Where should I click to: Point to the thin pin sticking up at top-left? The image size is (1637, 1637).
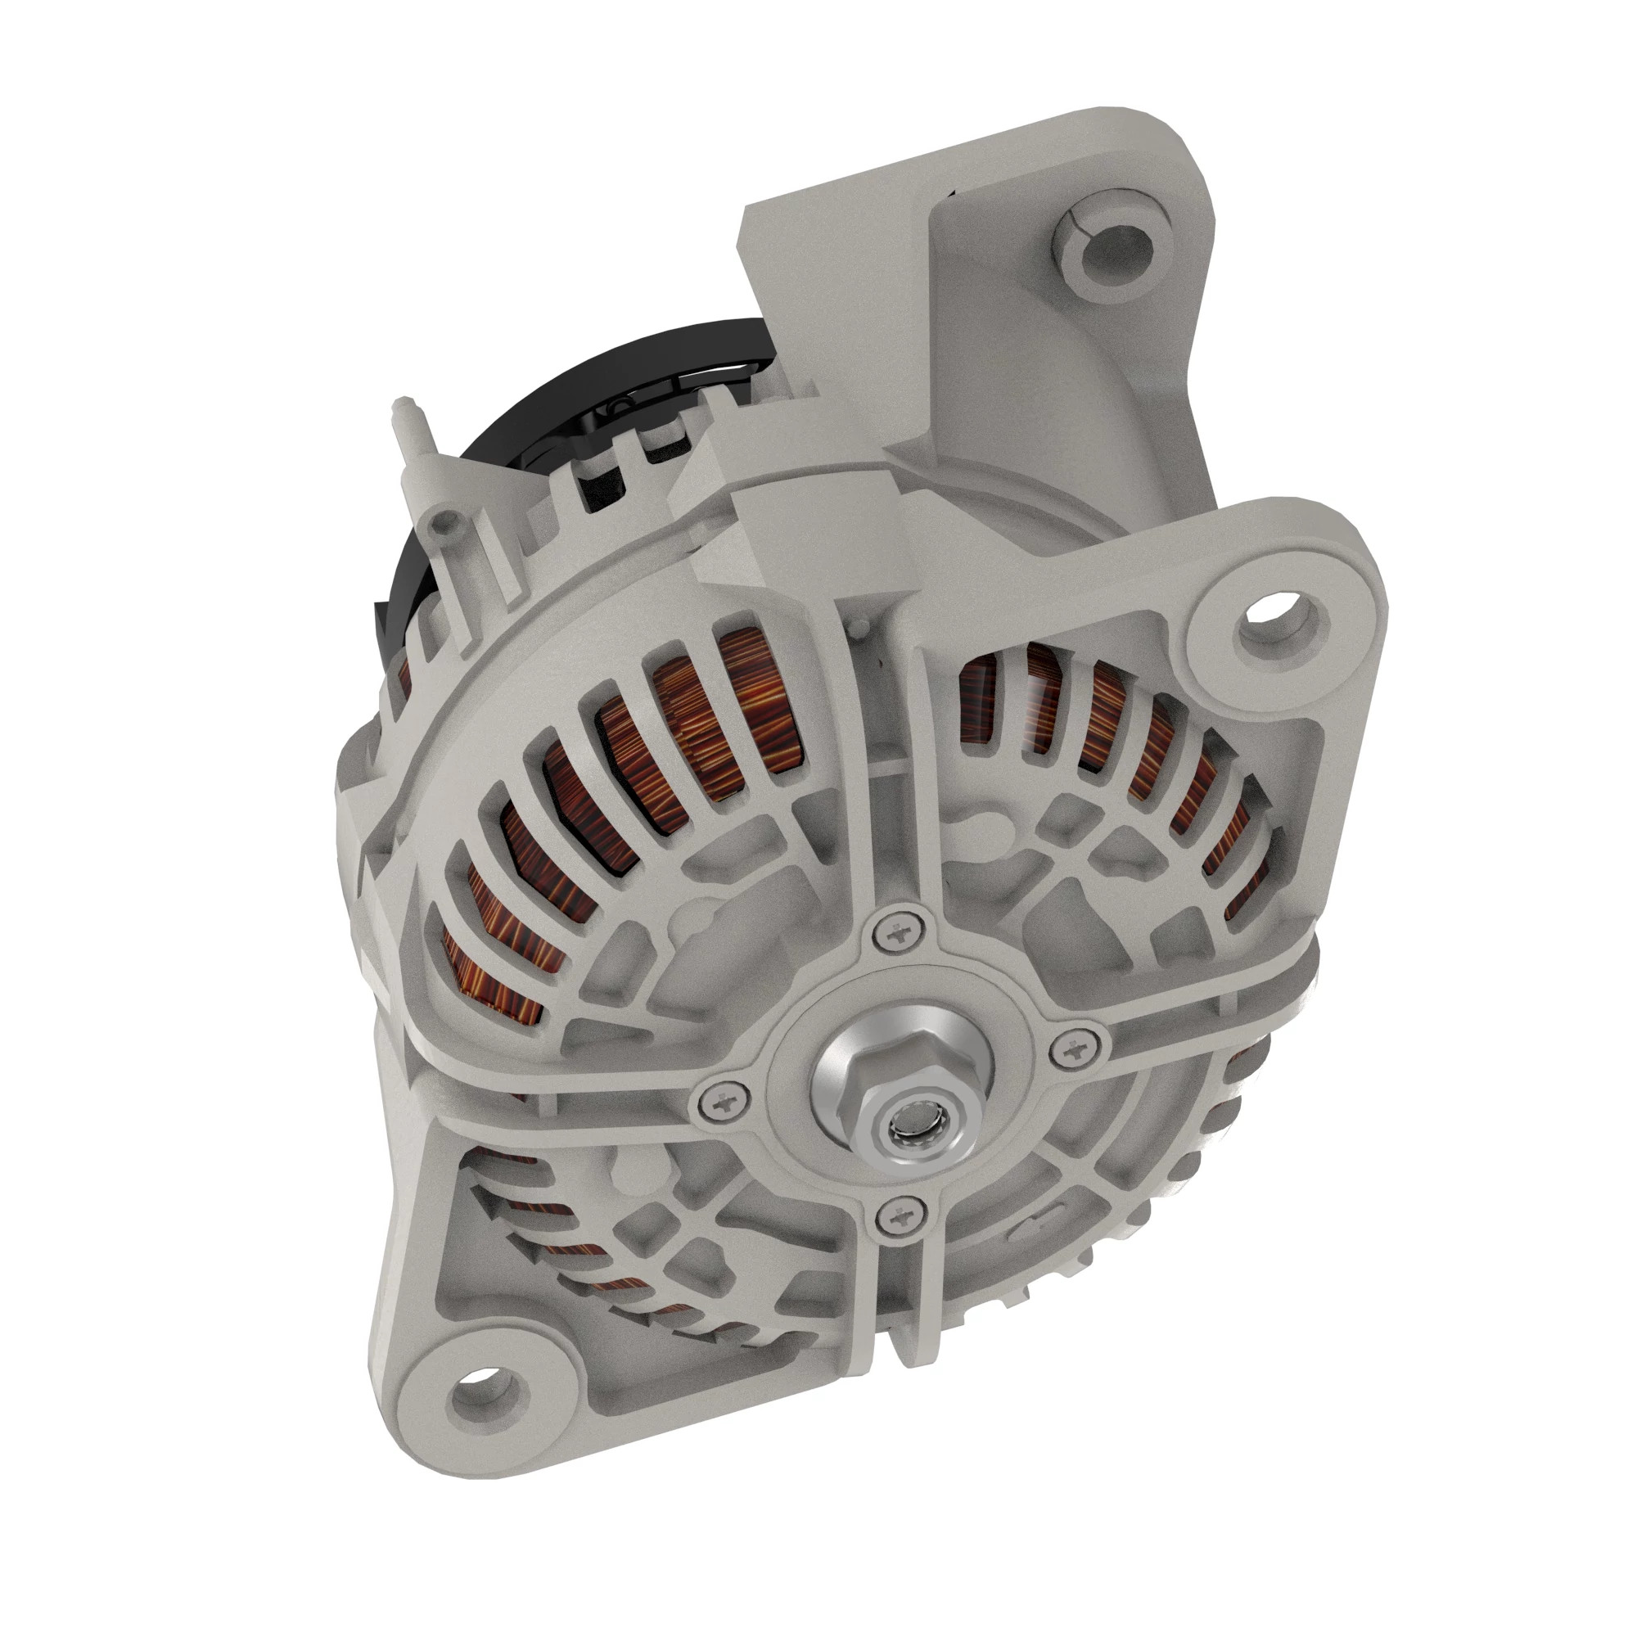pos(403,413)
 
